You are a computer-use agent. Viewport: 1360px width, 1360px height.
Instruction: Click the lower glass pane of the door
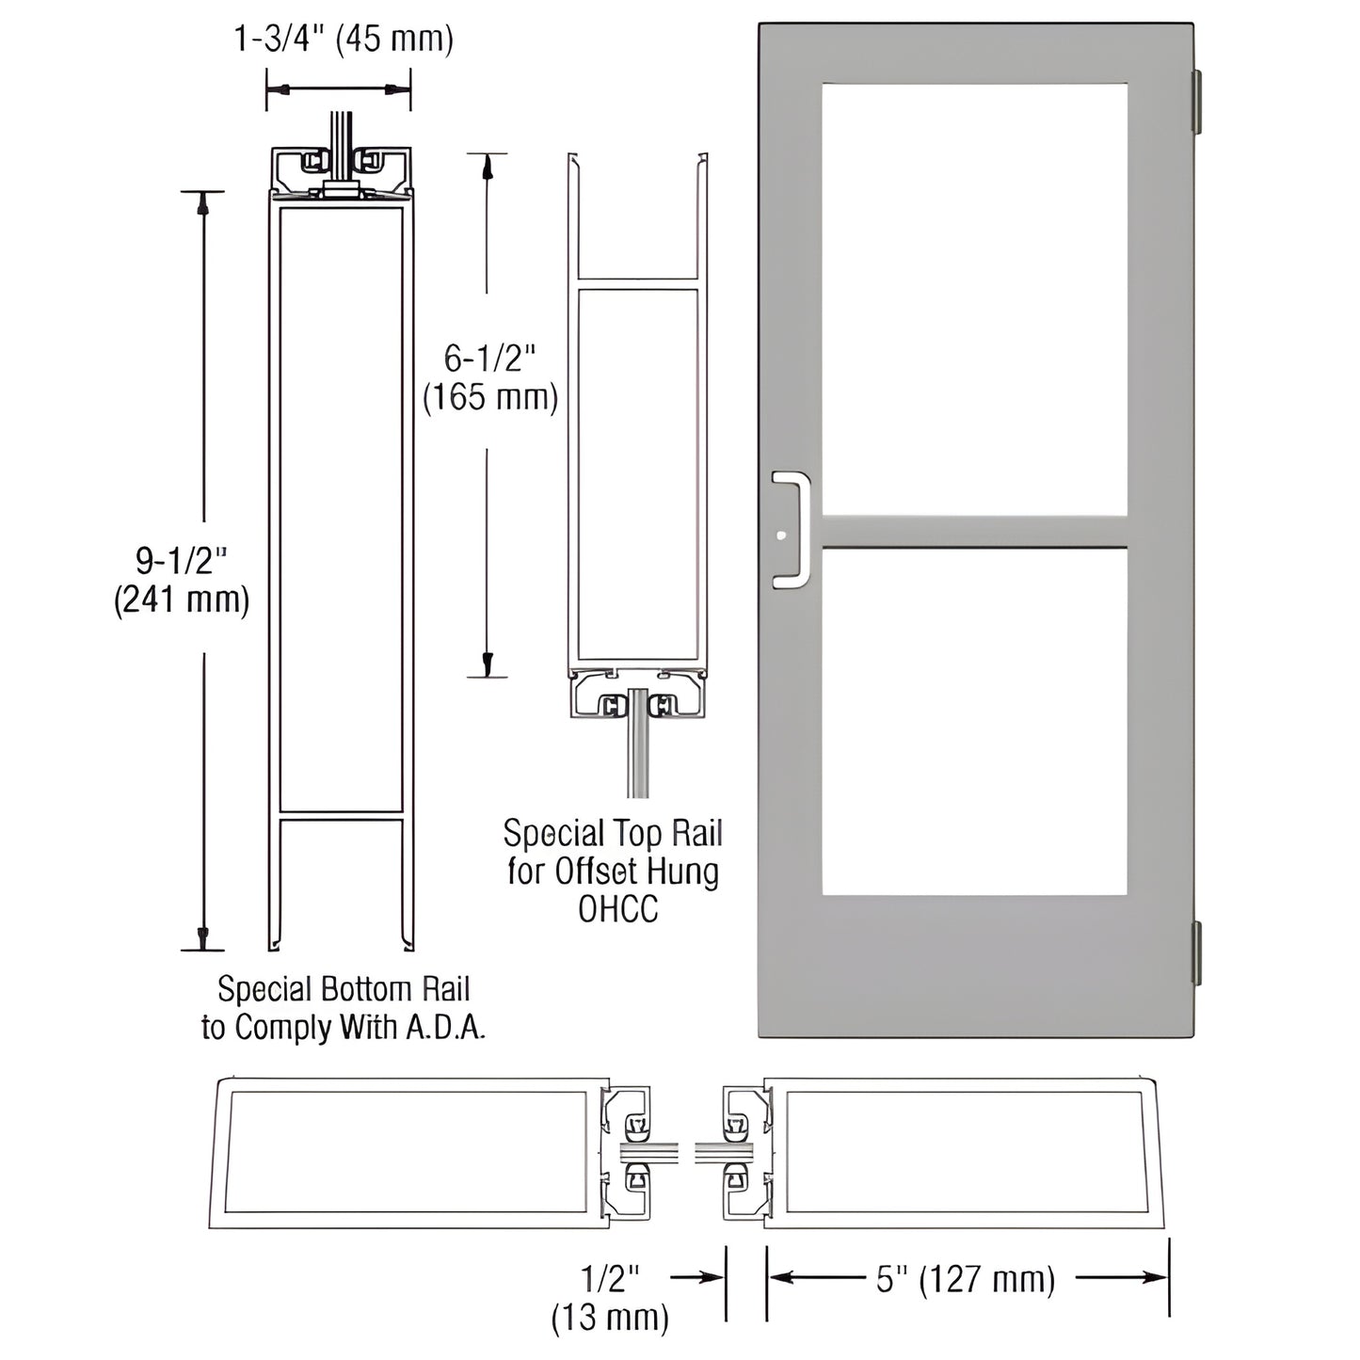pyautogui.click(x=974, y=720)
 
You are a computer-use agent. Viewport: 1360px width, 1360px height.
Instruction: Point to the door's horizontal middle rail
pyautogui.click(x=974, y=532)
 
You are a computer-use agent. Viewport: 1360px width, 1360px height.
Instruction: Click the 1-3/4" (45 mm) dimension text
pyautogui.click(x=343, y=40)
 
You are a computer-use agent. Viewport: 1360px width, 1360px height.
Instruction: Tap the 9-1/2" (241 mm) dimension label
pyautogui.click(x=182, y=581)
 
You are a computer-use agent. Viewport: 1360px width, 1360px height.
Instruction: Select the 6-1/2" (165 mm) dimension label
pyautogui.click(x=489, y=377)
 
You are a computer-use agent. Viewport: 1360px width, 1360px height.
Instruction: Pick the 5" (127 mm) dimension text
pyautogui.click(x=966, y=1279)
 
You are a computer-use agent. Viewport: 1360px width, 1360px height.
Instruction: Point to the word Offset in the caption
pyautogui.click(x=593, y=872)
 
